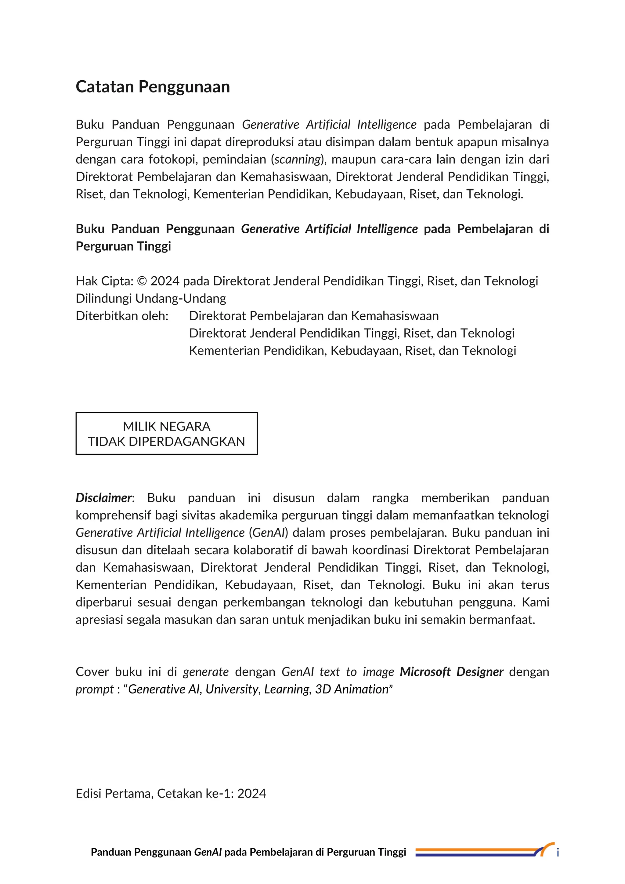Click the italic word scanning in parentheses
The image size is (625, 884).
click(x=298, y=159)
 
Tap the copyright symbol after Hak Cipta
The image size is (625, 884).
click(x=142, y=281)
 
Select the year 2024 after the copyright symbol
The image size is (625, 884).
click(x=165, y=281)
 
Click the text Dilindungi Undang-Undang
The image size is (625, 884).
click(x=150, y=298)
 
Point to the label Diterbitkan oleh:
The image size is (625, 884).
click(x=122, y=316)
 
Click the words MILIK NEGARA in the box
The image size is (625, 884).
click(x=166, y=426)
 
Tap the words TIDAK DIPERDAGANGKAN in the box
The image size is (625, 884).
click(x=166, y=441)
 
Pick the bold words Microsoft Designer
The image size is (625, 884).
click(x=451, y=671)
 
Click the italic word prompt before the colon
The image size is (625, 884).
click(x=94, y=689)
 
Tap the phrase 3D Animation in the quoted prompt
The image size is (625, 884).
click(x=351, y=689)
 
